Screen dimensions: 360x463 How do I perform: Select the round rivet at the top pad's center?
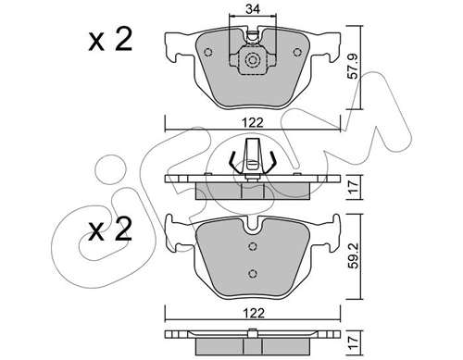pyautogui.click(x=250, y=61)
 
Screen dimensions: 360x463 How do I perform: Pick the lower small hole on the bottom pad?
pyautogui.click(x=252, y=271)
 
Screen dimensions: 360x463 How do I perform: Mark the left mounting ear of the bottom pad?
pyautogui.click(x=174, y=230)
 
